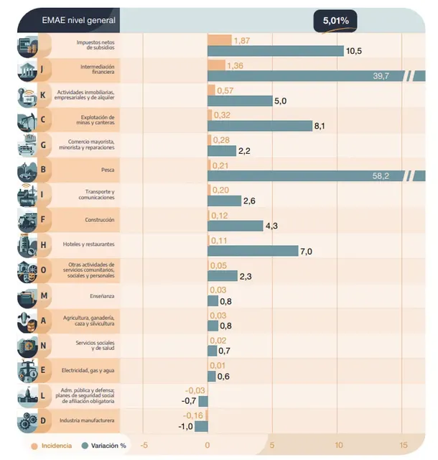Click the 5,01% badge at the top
point(335,21)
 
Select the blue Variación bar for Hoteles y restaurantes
point(253,251)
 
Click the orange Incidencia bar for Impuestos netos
point(220,41)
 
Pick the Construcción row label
point(99,220)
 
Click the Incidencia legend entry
point(52,446)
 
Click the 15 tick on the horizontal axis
point(404,445)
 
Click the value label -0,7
point(189,400)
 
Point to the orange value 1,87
point(241,40)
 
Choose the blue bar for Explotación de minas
point(259,126)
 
